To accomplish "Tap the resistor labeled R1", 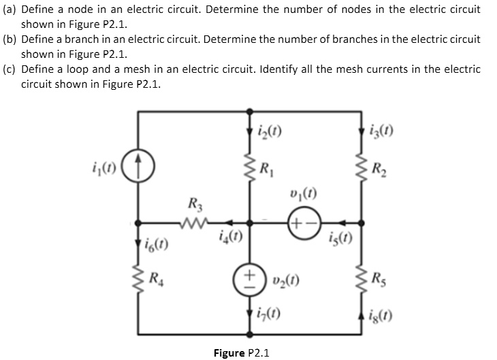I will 248,167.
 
